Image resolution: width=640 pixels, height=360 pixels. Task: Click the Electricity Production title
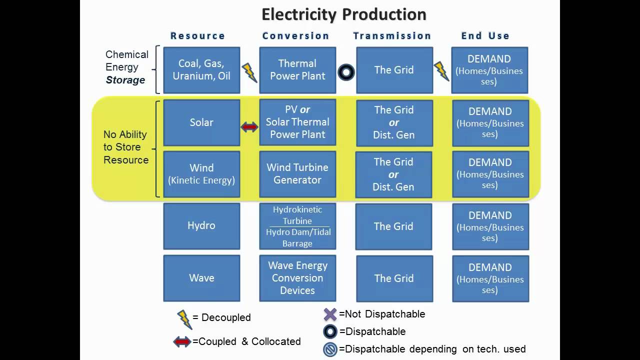coord(343,14)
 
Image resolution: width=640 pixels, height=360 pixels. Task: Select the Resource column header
coord(197,36)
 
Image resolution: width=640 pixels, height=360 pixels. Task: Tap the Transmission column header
coord(392,36)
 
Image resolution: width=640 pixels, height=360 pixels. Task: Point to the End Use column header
coord(485,36)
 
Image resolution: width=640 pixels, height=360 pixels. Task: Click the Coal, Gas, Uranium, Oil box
coord(201,70)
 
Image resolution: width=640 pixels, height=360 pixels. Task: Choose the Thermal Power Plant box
coord(297,70)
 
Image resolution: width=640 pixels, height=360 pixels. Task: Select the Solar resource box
coord(201,122)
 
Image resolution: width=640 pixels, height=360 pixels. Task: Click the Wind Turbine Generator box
coord(297,174)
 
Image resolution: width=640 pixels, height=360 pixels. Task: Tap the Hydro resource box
coord(201,226)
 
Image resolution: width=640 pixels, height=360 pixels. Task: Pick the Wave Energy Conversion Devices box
coord(297,278)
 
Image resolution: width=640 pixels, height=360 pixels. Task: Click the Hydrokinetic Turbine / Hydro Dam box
coord(297,226)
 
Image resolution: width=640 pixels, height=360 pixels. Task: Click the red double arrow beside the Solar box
coord(249,127)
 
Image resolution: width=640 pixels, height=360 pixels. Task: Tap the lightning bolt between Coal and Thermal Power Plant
coord(249,72)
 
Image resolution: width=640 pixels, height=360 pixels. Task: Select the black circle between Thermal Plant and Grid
coord(346,72)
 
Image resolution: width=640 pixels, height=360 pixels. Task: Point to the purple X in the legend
coord(330,314)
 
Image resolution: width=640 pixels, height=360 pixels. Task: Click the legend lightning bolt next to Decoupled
coord(184,319)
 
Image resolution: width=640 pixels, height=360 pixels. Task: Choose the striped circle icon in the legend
coord(330,349)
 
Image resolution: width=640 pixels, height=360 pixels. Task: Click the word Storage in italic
coord(125,80)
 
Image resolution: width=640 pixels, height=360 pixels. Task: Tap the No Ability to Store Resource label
coord(126,147)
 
